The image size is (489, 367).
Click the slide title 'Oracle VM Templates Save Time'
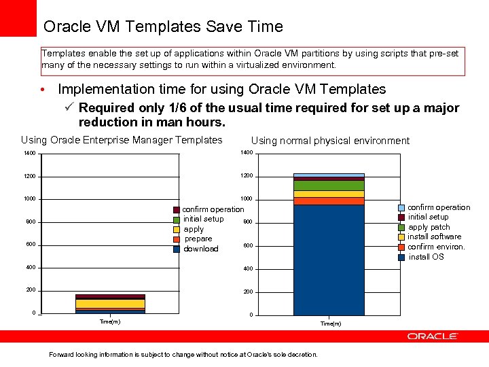tap(163, 27)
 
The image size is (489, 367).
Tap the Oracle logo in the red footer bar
tap(433, 336)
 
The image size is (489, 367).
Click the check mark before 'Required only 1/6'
tap(69, 108)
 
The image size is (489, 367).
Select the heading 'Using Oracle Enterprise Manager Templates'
tap(122, 140)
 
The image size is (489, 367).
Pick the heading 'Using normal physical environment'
tap(330, 141)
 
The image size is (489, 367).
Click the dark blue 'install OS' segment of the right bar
tap(329, 258)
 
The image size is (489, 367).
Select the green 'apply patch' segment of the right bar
tap(329, 186)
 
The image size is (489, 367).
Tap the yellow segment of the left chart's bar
tap(101, 304)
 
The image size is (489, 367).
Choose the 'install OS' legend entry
tap(426, 257)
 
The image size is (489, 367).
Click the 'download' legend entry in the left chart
tap(200, 249)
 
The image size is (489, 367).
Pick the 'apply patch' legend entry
tap(429, 227)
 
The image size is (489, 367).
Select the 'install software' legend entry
tap(434, 237)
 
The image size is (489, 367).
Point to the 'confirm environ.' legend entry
tap(436, 247)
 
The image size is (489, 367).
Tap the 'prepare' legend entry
tap(198, 239)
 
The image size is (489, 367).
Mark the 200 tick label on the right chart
tap(248, 292)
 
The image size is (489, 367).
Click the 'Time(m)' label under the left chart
tap(109, 322)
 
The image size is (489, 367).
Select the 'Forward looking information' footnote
tap(183, 354)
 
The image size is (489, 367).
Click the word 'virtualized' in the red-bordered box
tap(251, 65)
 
